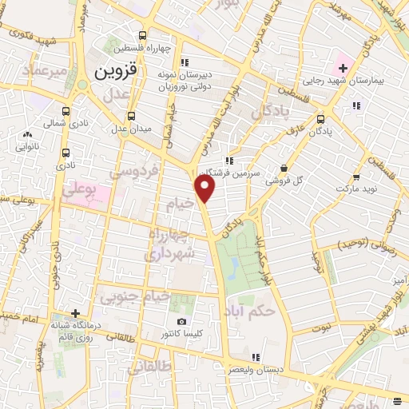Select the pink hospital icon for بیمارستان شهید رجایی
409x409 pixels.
point(342,67)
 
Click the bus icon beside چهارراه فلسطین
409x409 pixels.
point(142,35)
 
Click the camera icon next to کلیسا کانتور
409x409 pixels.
point(181,321)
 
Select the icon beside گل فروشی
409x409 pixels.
point(284,168)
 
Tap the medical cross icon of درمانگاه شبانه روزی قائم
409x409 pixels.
point(76,314)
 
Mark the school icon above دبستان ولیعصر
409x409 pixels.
point(256,357)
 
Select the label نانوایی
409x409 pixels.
point(28,147)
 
